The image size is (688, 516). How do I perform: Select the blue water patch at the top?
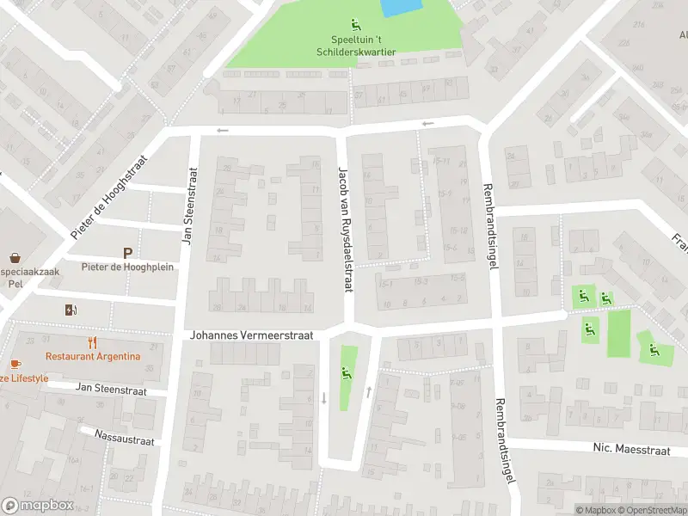coord(401,7)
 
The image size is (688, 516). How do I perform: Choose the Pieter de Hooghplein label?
coord(127,267)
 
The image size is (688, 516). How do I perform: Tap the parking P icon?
coord(128,253)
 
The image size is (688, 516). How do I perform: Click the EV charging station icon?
coord(70,310)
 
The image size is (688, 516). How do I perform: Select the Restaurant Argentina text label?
coord(93,356)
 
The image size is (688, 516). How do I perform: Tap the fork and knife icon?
coord(93,342)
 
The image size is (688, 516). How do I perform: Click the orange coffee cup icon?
coord(15,365)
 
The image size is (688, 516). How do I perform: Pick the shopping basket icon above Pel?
coord(15,256)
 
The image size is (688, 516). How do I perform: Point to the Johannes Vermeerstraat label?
coord(252,335)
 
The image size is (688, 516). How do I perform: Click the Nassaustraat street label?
coord(125,438)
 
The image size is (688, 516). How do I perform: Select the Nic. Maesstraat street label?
coord(630,447)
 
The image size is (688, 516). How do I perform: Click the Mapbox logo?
coord(39,506)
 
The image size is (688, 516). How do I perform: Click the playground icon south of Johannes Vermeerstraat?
coord(347,372)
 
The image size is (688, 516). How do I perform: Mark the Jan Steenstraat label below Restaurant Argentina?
coord(111,390)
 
